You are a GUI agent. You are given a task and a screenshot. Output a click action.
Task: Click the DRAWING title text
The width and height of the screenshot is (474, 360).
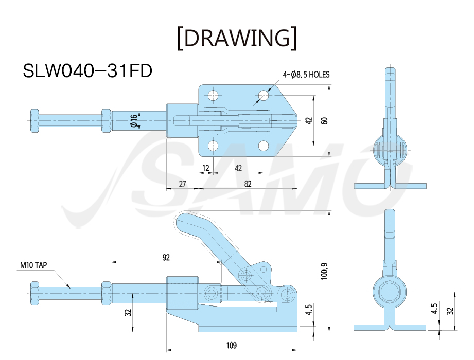click(x=237, y=38)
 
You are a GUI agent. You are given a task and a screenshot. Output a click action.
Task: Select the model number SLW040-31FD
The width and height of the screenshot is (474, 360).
click(x=87, y=71)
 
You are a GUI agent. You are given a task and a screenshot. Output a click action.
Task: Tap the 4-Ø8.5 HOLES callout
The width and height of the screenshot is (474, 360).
click(x=306, y=74)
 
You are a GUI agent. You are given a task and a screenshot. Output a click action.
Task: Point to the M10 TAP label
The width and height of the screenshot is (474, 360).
click(x=33, y=265)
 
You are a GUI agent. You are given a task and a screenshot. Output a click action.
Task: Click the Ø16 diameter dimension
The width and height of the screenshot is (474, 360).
click(x=134, y=120)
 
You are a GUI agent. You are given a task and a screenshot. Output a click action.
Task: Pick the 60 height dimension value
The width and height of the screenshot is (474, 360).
click(x=324, y=121)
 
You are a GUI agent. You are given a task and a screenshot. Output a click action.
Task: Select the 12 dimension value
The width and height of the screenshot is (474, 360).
click(x=205, y=168)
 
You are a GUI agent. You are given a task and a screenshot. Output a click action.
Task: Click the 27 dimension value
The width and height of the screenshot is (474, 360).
click(x=182, y=184)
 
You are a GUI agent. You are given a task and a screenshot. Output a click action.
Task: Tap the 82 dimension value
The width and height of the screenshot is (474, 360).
click(x=248, y=184)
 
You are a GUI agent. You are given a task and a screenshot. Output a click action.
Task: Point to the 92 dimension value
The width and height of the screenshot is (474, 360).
click(x=166, y=257)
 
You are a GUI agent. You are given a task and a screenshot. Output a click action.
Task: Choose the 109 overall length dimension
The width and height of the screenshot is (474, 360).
click(x=232, y=345)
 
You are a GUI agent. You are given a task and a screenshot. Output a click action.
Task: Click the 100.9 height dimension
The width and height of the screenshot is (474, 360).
click(x=324, y=271)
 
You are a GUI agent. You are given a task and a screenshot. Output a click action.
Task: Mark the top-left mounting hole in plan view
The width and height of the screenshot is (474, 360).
click(x=214, y=96)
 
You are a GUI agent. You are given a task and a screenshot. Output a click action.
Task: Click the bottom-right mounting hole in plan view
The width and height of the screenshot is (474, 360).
click(x=264, y=146)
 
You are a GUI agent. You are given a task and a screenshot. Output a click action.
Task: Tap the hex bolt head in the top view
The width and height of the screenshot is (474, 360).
click(x=34, y=120)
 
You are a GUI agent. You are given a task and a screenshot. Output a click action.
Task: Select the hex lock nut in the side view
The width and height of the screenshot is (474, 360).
click(x=106, y=294)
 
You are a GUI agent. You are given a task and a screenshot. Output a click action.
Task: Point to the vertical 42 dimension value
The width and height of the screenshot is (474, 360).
click(x=309, y=121)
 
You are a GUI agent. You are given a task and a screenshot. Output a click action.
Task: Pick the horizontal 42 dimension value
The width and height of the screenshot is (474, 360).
click(x=238, y=168)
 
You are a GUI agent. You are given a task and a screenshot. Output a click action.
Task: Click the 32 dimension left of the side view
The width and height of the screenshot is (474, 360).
click(x=128, y=312)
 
